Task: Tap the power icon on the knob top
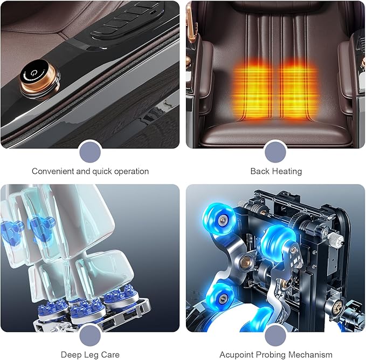(x=33, y=73)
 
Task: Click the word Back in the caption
(x=260, y=171)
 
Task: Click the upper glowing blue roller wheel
(x=219, y=219)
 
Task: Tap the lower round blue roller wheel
(x=220, y=297)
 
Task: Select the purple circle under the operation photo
(x=90, y=152)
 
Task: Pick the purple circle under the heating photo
(x=275, y=152)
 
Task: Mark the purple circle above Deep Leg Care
(x=90, y=336)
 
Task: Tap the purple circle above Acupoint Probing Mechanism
(x=275, y=336)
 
